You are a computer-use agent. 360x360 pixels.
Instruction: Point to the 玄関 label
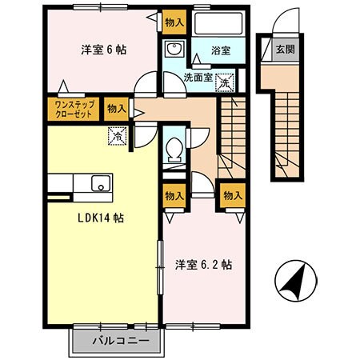(x=284, y=49)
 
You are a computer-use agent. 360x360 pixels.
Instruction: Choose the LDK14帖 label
(x=99, y=218)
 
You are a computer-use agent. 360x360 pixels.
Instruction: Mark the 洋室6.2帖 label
(x=204, y=263)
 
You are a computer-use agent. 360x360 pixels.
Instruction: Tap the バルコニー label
(x=119, y=341)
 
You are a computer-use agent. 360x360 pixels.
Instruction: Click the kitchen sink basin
(x=99, y=182)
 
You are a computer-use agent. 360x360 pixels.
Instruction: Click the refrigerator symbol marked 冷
(x=118, y=138)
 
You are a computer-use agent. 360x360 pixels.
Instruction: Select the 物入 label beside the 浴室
(x=173, y=22)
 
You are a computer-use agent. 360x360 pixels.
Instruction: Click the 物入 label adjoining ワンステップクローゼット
(x=116, y=108)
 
